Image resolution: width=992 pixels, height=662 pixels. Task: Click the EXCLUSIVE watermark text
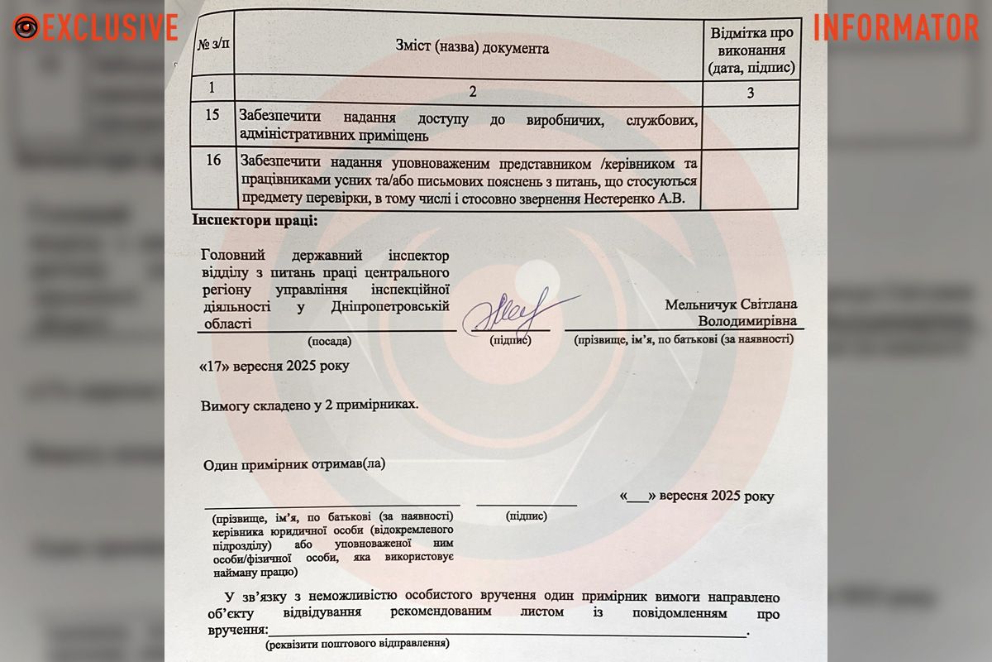pyautogui.click(x=109, y=27)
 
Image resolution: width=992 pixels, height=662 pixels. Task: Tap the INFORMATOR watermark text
pyautogui.click(x=896, y=27)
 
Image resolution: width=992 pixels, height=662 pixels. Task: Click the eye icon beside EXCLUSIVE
pyautogui.click(x=26, y=27)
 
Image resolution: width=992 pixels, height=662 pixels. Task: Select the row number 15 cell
pyautogui.click(x=212, y=115)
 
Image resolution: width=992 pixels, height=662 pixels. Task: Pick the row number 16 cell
pyautogui.click(x=212, y=160)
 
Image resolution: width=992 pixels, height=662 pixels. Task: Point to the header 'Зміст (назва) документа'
pyautogui.click(x=472, y=48)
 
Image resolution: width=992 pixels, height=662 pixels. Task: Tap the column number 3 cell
pyautogui.click(x=750, y=93)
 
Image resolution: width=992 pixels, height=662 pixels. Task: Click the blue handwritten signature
pyautogui.click(x=513, y=312)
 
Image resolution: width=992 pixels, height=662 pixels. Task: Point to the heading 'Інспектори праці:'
pyautogui.click(x=254, y=221)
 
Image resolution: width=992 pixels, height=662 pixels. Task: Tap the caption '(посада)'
pyautogui.click(x=329, y=340)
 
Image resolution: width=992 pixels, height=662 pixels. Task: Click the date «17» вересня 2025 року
pyautogui.click(x=274, y=365)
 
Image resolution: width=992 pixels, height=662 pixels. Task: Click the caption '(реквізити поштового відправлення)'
pyautogui.click(x=356, y=642)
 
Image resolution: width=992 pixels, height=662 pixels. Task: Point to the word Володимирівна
pyautogui.click(x=748, y=320)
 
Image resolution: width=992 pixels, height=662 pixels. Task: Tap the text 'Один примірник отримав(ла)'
pyautogui.click(x=294, y=464)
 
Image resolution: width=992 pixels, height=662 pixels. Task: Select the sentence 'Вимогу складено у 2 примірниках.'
pyautogui.click(x=309, y=406)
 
